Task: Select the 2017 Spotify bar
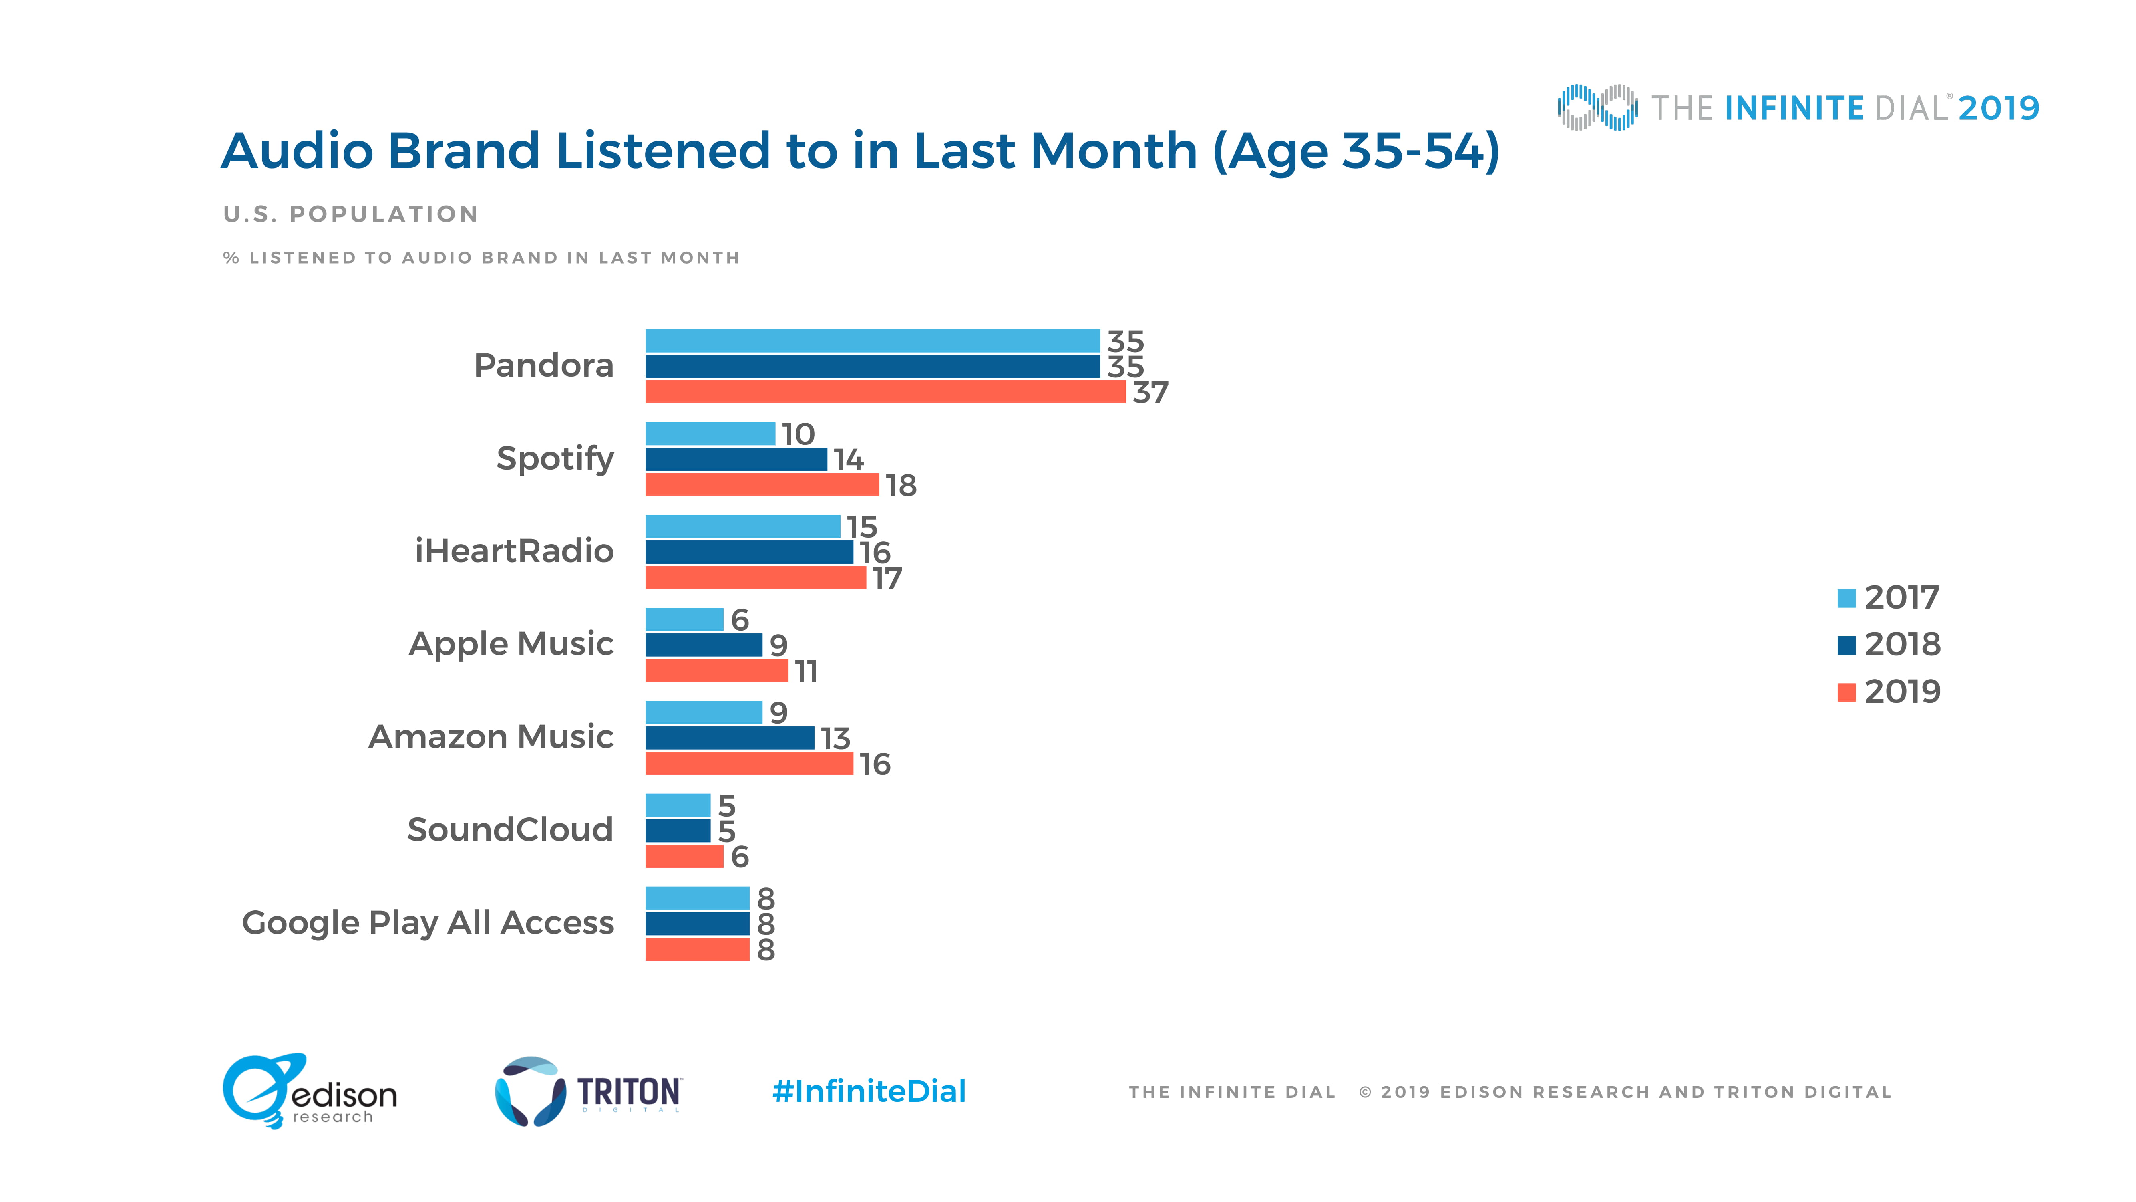(710, 434)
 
